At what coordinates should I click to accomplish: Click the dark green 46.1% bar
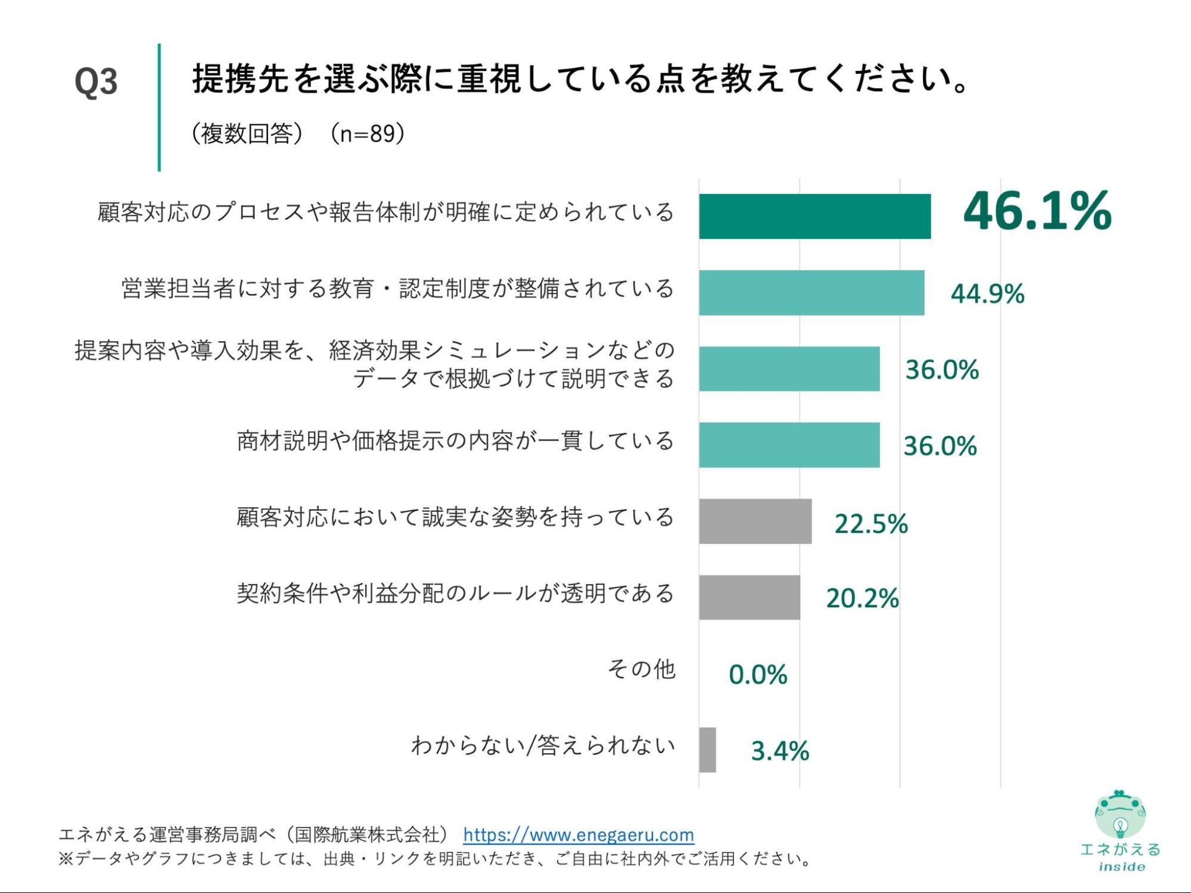[814, 216]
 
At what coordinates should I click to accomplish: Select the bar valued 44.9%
[811, 292]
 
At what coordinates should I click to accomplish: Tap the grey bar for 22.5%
[755, 521]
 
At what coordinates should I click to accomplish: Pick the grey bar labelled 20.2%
[749, 597]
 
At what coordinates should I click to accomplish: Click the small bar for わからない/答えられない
[707, 750]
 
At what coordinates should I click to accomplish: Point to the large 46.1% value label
[1037, 211]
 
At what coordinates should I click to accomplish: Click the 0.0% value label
[758, 675]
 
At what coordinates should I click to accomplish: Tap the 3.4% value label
[780, 751]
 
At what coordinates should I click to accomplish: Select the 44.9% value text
[987, 293]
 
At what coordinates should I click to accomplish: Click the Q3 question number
[96, 82]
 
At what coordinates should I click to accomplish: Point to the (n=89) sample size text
[368, 133]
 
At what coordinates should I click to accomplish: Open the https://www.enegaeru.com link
[578, 835]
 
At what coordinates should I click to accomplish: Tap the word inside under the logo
[1121, 867]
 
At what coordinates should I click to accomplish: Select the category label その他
[641, 669]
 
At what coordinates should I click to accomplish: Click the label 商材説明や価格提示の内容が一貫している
[455, 441]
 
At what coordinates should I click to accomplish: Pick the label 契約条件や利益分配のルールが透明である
[455, 594]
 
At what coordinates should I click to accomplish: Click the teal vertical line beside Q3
[159, 107]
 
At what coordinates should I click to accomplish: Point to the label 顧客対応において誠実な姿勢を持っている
[455, 517]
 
